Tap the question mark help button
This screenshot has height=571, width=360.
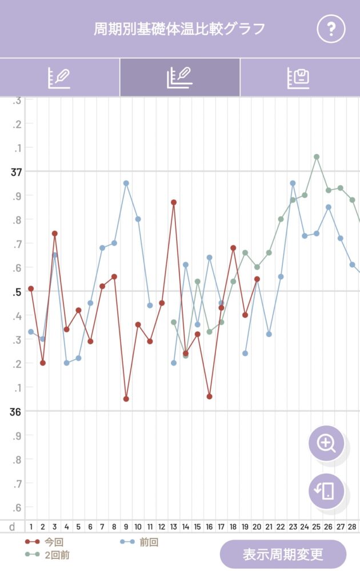coord(331,29)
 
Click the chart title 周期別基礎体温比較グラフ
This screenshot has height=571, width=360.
coord(179,29)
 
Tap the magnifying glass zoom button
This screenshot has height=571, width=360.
coord(326,443)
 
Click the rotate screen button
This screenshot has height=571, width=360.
coord(326,490)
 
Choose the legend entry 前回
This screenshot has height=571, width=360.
coord(149,542)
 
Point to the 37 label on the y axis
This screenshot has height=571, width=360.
coord(16,172)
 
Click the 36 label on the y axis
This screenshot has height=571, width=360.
coord(16,411)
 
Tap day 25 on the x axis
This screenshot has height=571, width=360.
coord(316,526)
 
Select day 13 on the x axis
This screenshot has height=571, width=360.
coord(174,526)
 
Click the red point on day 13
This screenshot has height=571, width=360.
coord(174,202)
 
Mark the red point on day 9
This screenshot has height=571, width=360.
coord(126,399)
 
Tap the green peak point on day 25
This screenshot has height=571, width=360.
coord(317,156)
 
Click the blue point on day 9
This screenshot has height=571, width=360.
coord(126,183)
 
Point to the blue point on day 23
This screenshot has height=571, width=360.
coord(293,183)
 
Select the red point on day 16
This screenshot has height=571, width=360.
coord(209,396)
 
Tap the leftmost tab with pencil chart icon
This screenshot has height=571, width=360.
coord(59,78)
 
